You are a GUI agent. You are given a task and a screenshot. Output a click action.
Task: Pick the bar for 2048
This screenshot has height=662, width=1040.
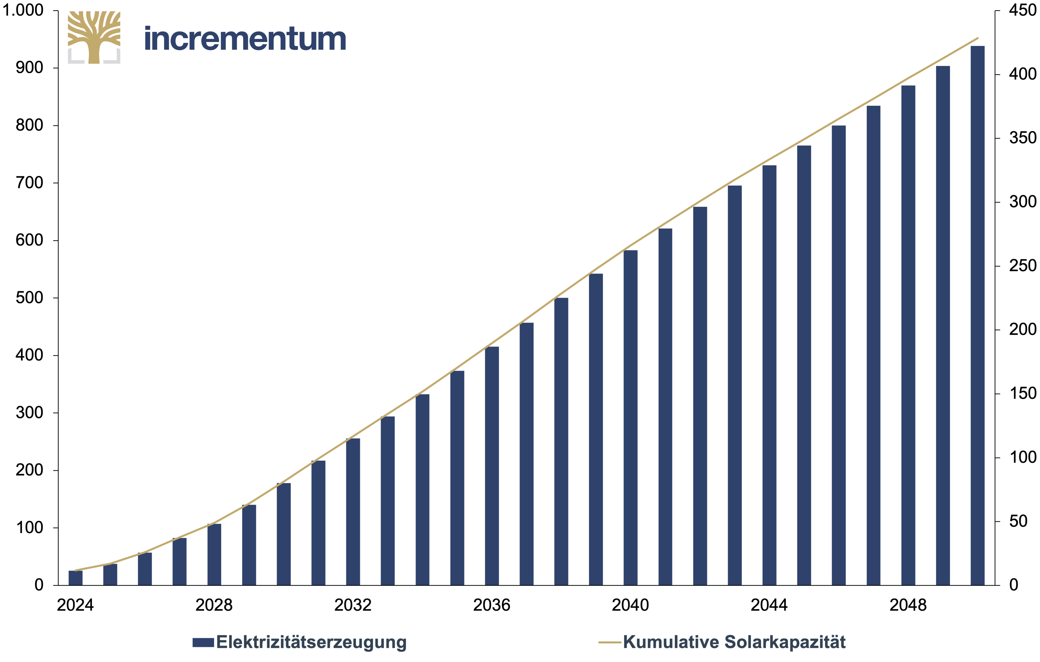click(908, 336)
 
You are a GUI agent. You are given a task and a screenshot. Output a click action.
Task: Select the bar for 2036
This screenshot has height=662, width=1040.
click(492, 466)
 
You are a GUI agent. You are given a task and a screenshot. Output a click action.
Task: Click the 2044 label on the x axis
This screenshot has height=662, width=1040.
click(769, 605)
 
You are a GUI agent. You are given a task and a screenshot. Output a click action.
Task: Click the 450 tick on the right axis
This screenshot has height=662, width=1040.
click(1023, 10)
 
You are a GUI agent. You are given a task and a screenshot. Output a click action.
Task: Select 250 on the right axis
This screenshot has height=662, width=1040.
click(1023, 265)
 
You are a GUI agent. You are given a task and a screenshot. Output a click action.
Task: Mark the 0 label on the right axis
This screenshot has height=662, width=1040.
click(1014, 585)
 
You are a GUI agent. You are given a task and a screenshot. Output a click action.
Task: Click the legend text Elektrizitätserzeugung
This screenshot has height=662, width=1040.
click(311, 642)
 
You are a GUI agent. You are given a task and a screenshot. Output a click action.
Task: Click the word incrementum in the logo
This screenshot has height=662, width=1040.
click(245, 39)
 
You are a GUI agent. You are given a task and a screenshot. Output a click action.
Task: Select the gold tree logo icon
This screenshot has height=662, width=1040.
click(94, 38)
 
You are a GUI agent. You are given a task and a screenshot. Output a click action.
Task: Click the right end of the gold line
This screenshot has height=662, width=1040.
click(978, 38)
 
